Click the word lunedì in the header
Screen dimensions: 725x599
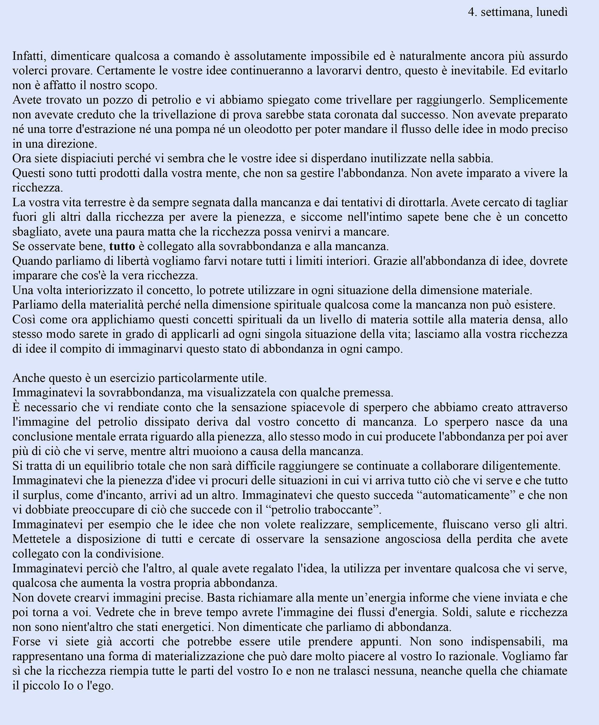pos(552,12)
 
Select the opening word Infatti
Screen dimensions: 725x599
pos(29,56)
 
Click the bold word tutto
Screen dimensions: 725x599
pos(122,247)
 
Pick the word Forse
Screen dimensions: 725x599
pos(27,642)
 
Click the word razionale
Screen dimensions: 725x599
pos(473,656)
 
